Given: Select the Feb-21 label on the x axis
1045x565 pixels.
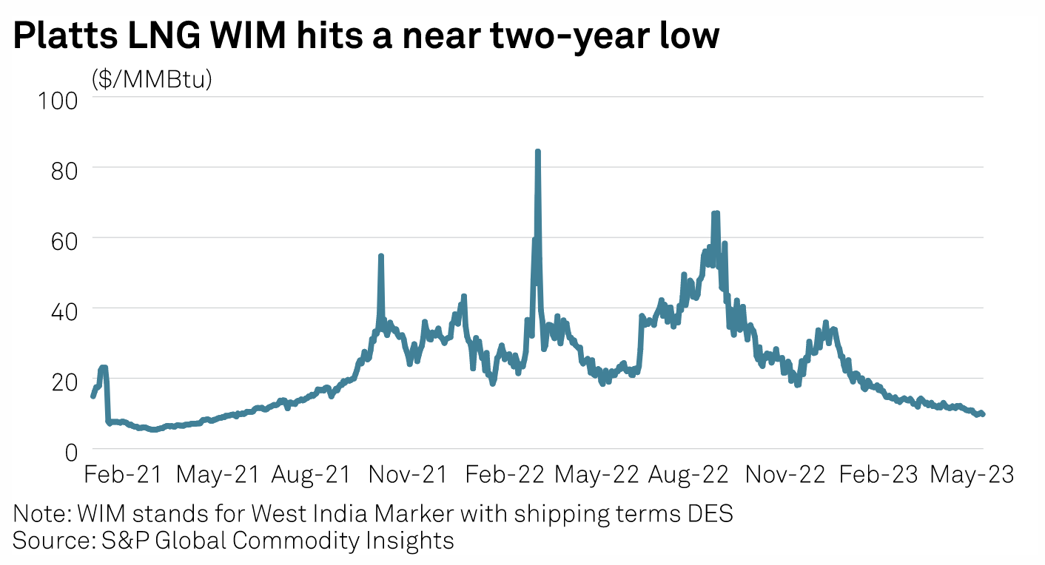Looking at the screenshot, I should click(123, 474).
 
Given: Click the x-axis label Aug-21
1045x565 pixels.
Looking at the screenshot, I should click(311, 474).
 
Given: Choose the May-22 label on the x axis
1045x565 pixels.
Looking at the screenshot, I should click(596, 474).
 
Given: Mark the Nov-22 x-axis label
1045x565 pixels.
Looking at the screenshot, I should click(784, 474).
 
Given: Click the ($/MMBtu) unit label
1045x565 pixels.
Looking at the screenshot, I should click(152, 78).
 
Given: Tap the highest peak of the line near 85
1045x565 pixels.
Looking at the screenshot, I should click(537, 152).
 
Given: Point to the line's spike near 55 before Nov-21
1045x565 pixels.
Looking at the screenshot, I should click(380, 256).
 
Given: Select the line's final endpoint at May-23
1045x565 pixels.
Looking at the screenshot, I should click(983, 414).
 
